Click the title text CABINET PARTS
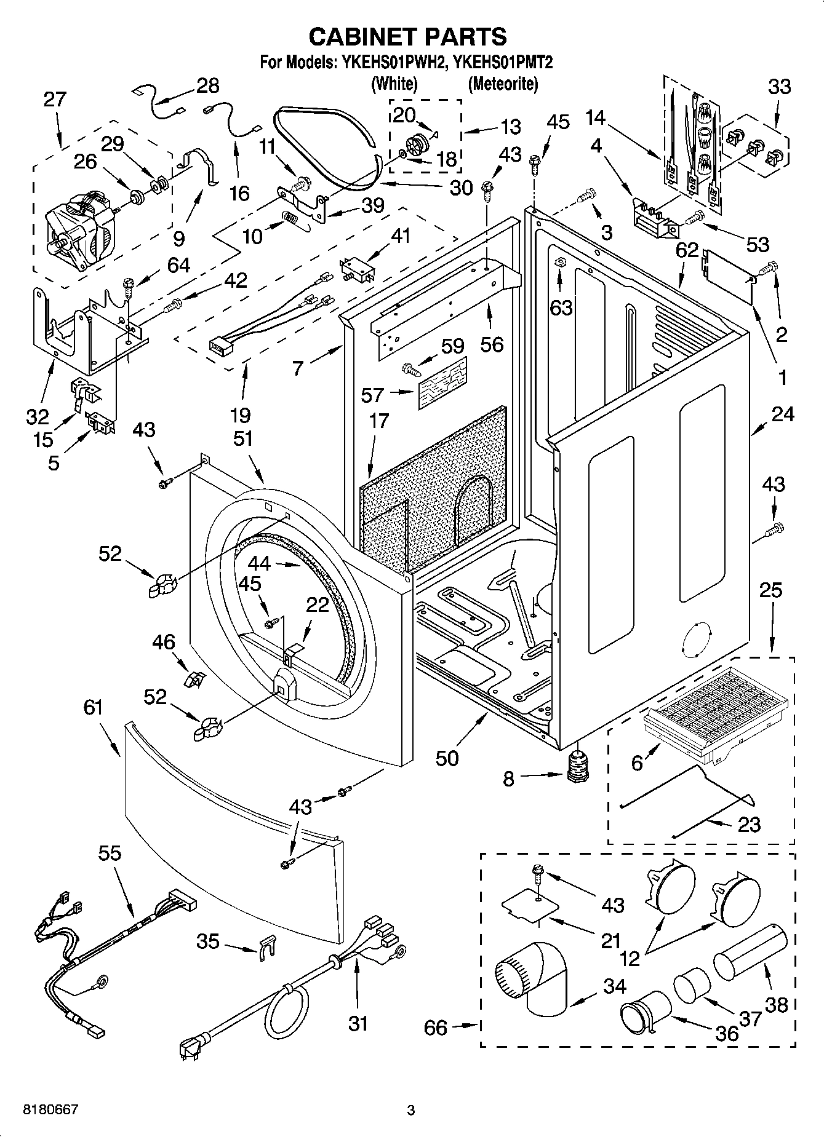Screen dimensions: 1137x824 click(407, 37)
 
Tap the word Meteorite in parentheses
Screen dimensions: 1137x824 click(502, 84)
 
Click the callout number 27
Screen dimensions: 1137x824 click(55, 99)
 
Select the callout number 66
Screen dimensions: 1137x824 click(436, 1027)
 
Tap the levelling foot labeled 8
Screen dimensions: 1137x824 click(577, 767)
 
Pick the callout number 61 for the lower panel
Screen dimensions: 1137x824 click(94, 708)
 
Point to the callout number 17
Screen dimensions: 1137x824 click(379, 421)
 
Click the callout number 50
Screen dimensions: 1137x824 click(447, 758)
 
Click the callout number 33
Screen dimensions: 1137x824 click(779, 87)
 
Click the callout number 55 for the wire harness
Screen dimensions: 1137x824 click(110, 853)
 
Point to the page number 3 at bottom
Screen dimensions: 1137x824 click(411, 1110)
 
